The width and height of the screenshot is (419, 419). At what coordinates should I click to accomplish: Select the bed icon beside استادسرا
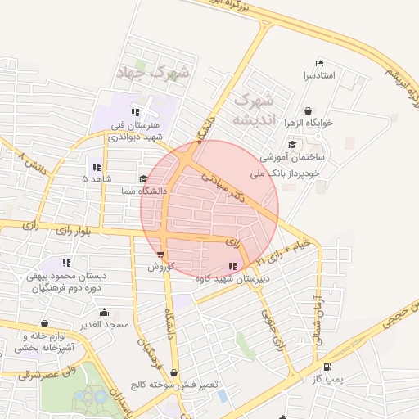pos(319,64)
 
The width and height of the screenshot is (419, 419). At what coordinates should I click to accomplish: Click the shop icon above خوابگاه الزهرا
pos(308,110)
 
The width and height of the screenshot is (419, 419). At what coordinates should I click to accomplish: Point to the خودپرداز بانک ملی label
pos(291,173)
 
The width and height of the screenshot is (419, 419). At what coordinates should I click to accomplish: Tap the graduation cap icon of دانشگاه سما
pos(142,178)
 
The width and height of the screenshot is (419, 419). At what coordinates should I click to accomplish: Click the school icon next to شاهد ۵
pos(97,167)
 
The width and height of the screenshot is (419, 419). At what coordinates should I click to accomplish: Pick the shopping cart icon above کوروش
pos(160,255)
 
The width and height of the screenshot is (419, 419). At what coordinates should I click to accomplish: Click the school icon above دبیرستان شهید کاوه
pos(232,266)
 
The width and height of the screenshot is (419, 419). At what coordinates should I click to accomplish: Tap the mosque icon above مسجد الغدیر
pos(104,313)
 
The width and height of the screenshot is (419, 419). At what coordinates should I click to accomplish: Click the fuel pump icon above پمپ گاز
pos(328,367)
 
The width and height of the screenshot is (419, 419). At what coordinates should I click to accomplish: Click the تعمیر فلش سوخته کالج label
pos(170,385)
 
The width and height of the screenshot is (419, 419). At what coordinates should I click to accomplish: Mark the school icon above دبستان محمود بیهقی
pos(66,264)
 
